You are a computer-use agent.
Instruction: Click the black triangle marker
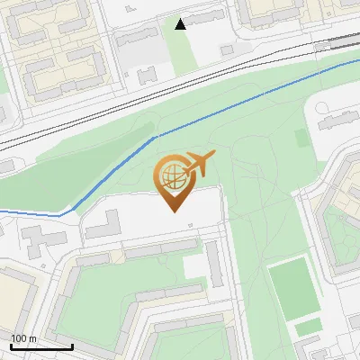pyautogui.click(x=181, y=24)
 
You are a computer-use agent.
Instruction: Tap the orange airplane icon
pyautogui.click(x=199, y=163)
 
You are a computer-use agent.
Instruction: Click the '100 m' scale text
pyautogui.click(x=23, y=338)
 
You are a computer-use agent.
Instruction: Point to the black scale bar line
pyautogui.click(x=40, y=346)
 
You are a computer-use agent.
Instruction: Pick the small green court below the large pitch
pyautogui.click(x=309, y=326)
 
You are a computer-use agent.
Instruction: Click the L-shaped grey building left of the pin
pyautogui.click(x=106, y=225)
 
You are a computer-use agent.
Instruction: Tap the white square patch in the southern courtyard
pyautogui.click(x=193, y=266)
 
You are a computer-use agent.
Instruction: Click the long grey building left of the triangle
pyautogui.click(x=135, y=39)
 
